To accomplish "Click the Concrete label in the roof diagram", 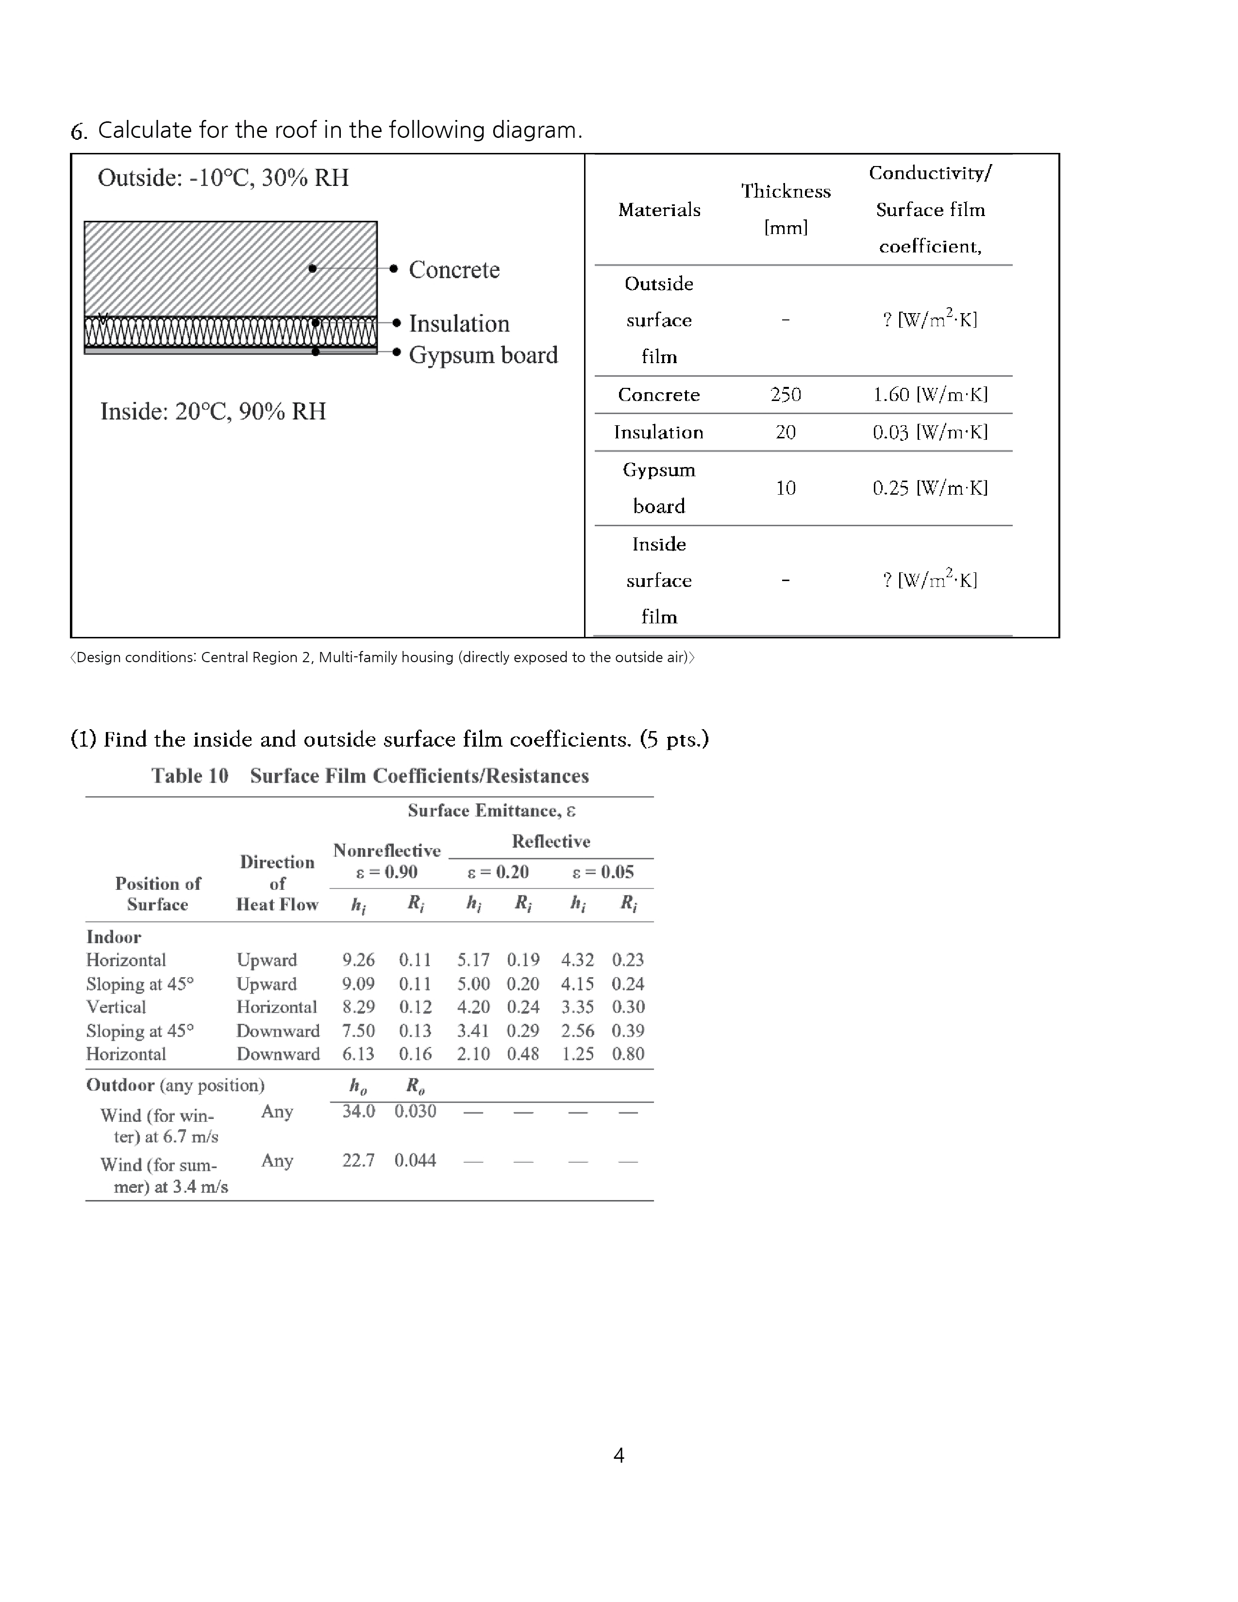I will tap(454, 269).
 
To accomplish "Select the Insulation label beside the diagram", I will tap(459, 323).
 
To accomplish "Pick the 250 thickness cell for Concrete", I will tap(786, 395).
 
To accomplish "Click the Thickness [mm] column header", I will tap(786, 209).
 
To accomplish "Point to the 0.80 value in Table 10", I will tap(628, 1053).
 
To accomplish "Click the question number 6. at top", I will tap(79, 131).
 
